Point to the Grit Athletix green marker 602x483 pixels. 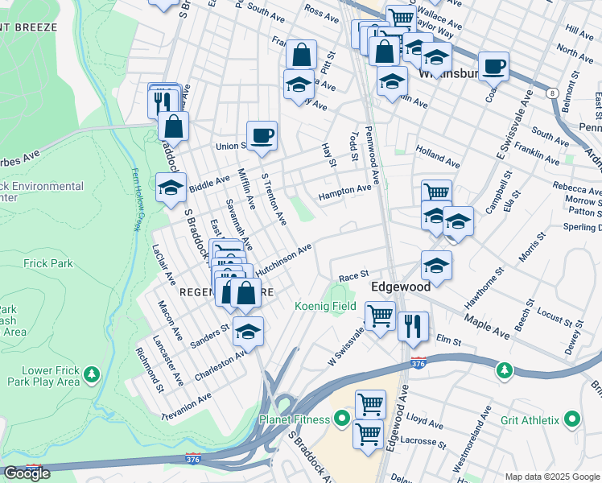572,419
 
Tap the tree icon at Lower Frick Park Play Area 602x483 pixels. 93,374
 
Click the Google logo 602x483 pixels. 27,473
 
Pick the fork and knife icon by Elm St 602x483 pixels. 413,325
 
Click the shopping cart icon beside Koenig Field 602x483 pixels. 380,315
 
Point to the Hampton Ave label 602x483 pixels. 344,192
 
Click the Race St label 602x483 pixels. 353,275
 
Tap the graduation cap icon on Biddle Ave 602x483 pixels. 171,188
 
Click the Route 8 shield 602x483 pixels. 552,93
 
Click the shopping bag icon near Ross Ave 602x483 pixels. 301,56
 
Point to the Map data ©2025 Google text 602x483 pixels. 551,477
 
